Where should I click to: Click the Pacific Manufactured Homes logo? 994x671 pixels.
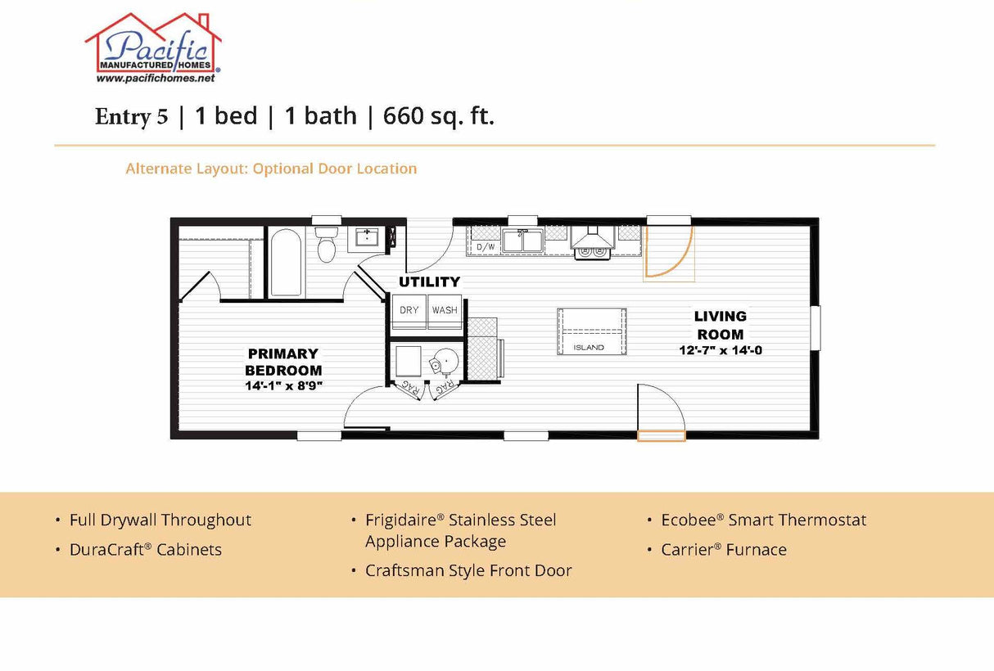[x=153, y=47]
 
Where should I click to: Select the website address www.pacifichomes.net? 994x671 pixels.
[x=156, y=79]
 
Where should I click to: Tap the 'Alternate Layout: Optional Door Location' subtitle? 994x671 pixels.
[x=271, y=169]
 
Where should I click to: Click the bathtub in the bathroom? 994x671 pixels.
[x=286, y=262]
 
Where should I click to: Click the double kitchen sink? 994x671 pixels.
[x=522, y=241]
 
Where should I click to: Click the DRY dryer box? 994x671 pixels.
[x=409, y=311]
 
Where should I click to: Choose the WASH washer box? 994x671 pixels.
[x=445, y=311]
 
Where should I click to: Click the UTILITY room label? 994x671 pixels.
[x=429, y=282]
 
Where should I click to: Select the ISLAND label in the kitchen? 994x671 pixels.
[x=588, y=347]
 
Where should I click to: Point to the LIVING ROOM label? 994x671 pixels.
[x=721, y=325]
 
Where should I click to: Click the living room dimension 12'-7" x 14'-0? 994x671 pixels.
[x=721, y=350]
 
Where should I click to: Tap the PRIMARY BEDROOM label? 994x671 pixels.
[x=283, y=362]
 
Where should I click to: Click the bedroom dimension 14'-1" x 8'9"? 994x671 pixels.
[x=283, y=385]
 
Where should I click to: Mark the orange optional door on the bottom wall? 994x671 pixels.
[x=661, y=436]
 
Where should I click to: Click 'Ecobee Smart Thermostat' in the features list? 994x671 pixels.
[x=763, y=520]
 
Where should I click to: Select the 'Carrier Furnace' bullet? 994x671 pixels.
[x=724, y=550]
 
